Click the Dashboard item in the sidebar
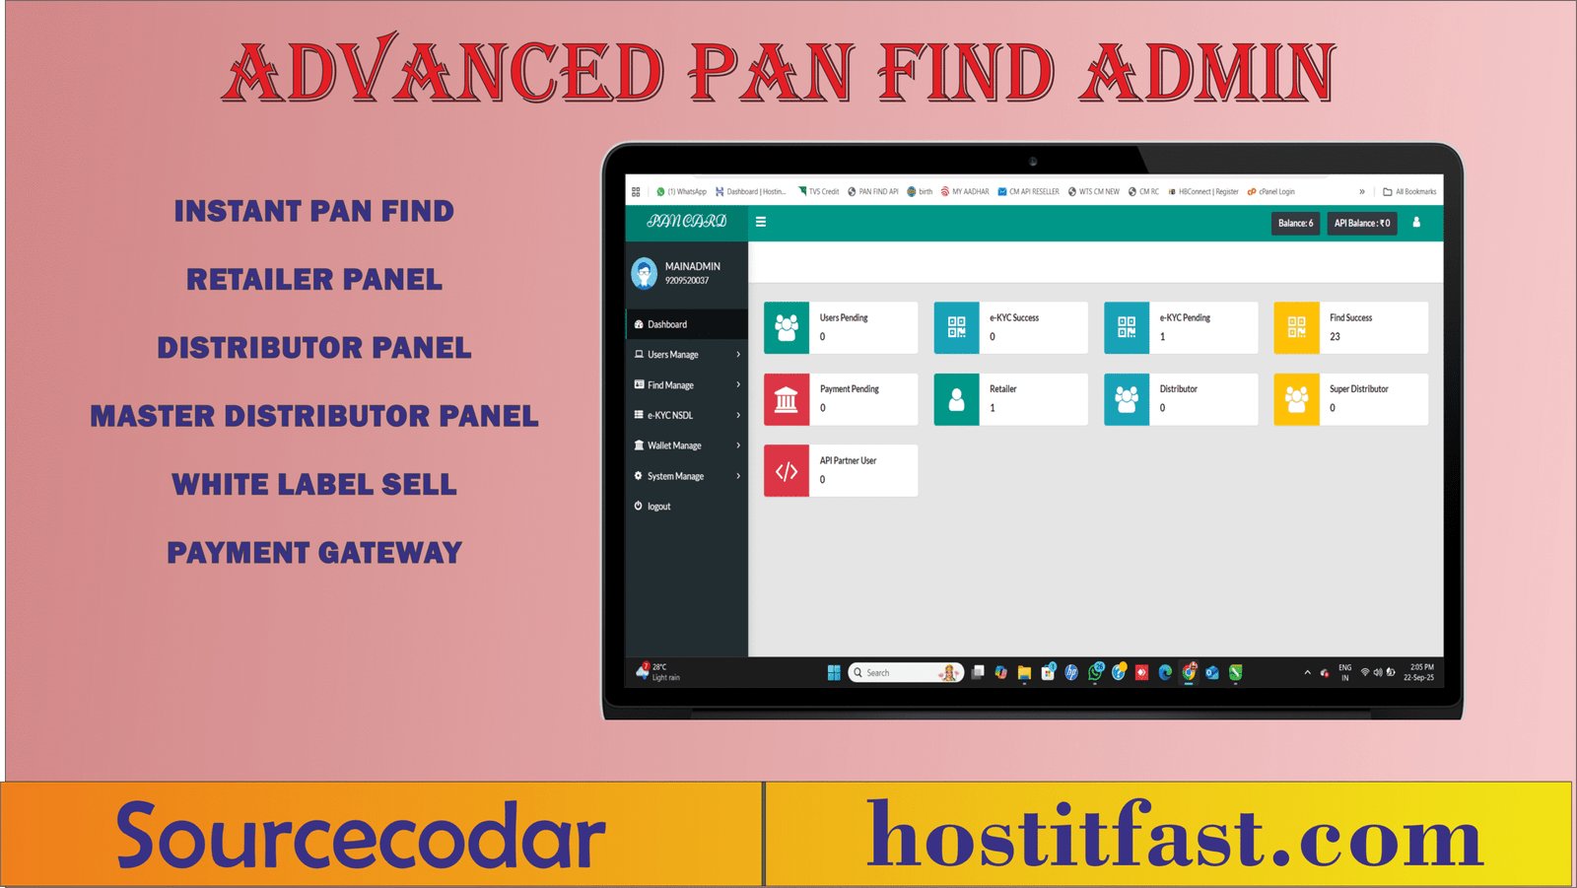tap(667, 324)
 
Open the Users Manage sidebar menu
tap(673, 355)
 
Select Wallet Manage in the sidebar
tap(674, 445)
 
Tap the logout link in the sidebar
tap(658, 507)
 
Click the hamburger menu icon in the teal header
tap(761, 222)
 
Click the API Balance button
tap(1361, 224)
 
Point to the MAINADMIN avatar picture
tap(645, 273)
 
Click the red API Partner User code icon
tap(787, 471)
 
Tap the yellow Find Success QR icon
tap(1296, 327)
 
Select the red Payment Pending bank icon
tap(787, 399)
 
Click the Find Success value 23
tap(1335, 337)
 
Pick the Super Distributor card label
tap(1358, 389)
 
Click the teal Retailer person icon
tap(956, 399)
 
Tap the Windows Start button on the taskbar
tap(834, 672)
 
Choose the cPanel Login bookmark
tap(1275, 192)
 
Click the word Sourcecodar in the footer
tap(361, 836)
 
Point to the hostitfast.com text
tap(1174, 836)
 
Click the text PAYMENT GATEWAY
tap(314, 553)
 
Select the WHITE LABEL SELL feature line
tap(314, 485)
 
